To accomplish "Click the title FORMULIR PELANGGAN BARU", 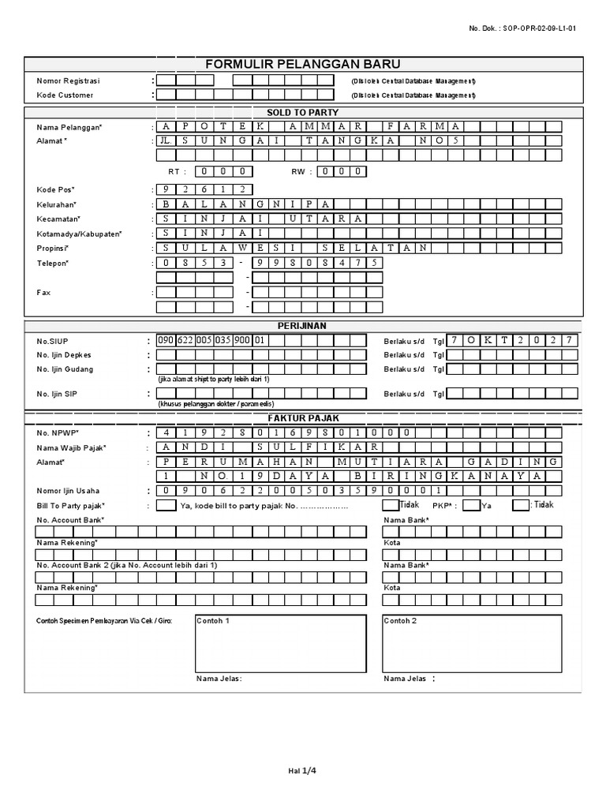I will (303, 64).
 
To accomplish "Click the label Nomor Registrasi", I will (69, 80).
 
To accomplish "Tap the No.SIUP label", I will (51, 341).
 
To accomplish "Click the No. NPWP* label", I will (57, 433).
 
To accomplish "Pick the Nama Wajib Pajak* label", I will (71, 448).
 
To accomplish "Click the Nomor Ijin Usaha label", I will (69, 491).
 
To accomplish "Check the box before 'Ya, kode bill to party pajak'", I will (166, 505).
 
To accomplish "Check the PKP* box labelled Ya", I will (470, 505).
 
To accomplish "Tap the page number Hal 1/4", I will (302, 770).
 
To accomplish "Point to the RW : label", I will (302, 171).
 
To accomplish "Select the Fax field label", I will (44, 292).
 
